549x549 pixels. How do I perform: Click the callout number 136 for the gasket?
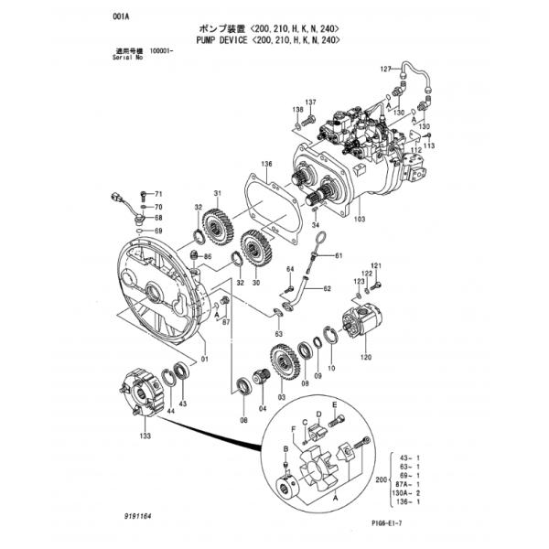point(266,164)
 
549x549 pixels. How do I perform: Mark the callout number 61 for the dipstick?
point(338,255)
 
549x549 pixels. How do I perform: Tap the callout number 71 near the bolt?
point(157,195)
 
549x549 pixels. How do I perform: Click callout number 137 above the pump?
point(310,102)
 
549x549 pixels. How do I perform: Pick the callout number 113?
point(429,146)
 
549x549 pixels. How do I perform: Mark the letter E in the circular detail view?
point(335,404)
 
